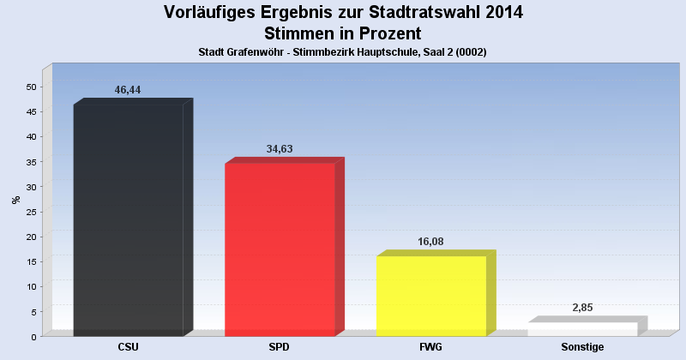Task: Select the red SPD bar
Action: [x=280, y=249]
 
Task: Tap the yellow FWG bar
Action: [x=431, y=296]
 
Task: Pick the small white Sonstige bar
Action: [x=582, y=329]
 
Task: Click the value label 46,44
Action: [x=127, y=90]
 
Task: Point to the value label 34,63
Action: [x=280, y=148]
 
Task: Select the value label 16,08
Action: [x=430, y=242]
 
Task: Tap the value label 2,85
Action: [x=582, y=307]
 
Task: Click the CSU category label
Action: [x=129, y=347]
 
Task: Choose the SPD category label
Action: [x=280, y=347]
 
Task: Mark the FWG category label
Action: [x=431, y=347]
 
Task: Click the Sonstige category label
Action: [x=582, y=347]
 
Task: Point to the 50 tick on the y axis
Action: [x=31, y=87]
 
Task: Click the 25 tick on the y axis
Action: [x=31, y=212]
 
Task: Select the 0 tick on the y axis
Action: [x=33, y=336]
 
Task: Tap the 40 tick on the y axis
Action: [x=31, y=136]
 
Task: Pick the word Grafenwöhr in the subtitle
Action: [x=257, y=52]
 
